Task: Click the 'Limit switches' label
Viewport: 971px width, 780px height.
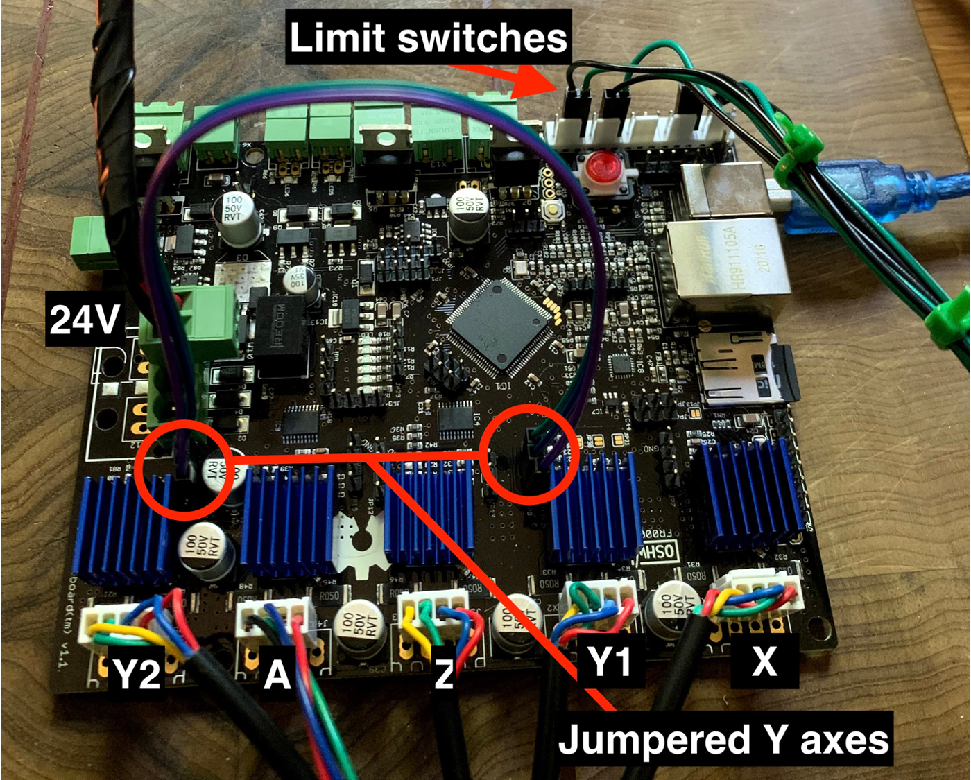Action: point(428,37)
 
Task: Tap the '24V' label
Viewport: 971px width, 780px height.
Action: point(84,320)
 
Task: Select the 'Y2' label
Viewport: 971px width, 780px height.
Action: point(137,673)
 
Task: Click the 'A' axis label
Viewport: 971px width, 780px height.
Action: point(277,673)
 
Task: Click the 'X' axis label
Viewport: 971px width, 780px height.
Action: point(764,662)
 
